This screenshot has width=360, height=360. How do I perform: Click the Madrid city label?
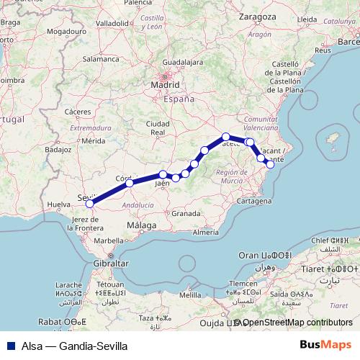click(x=164, y=84)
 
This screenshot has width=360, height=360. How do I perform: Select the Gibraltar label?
click(x=110, y=264)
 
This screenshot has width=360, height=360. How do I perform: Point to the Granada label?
click(x=186, y=214)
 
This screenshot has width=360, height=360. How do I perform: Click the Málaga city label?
click(x=141, y=225)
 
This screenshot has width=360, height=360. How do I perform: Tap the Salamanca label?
click(x=100, y=60)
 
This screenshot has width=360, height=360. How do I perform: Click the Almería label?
click(x=206, y=232)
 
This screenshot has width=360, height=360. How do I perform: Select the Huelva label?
click(x=58, y=205)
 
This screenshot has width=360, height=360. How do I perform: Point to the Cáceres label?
click(x=77, y=112)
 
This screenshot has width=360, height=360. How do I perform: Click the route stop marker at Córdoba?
click(x=130, y=183)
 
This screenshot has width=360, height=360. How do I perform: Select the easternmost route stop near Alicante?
click(x=271, y=164)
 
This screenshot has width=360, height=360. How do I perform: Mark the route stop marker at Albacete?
click(x=226, y=137)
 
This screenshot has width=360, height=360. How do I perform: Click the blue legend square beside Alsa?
click(x=11, y=345)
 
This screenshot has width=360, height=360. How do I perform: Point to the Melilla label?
click(x=191, y=295)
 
